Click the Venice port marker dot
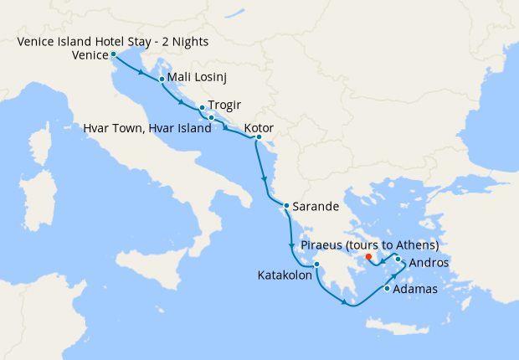point(113,54)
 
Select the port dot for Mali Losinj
point(161,80)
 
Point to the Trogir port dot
point(202,108)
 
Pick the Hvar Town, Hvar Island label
point(147,129)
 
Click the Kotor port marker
point(259,136)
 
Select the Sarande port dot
point(285,206)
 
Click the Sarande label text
point(314,206)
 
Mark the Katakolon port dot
point(317,265)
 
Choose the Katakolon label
point(284,275)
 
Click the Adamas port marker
point(386,290)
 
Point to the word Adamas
point(417,290)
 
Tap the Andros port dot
point(398,260)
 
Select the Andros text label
point(429,263)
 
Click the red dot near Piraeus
point(368,256)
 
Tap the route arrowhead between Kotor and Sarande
point(265,180)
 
